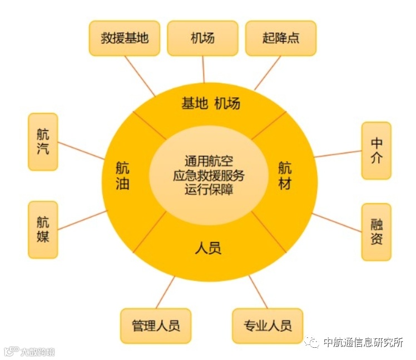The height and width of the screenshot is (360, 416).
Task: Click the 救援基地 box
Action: point(125,38)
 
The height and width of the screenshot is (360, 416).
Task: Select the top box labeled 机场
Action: point(202,38)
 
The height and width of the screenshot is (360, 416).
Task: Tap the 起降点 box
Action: point(281,38)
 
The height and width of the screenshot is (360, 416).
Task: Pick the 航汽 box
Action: point(43,142)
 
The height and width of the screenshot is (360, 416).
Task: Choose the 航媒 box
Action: point(43,229)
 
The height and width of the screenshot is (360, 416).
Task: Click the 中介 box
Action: point(377,151)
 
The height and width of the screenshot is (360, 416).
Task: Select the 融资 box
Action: point(377,232)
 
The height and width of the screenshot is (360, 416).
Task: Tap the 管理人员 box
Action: point(156,326)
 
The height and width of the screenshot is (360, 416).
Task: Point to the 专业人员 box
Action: point(268,326)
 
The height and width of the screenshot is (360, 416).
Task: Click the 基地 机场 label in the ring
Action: point(211,103)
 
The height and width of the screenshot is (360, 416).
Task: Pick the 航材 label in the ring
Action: point(285,176)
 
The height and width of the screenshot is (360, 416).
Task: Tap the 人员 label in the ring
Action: point(208,247)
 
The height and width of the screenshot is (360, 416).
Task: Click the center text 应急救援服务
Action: point(208,176)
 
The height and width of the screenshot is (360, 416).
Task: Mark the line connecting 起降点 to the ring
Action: point(268,73)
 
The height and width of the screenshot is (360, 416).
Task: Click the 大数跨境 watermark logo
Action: point(30,351)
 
